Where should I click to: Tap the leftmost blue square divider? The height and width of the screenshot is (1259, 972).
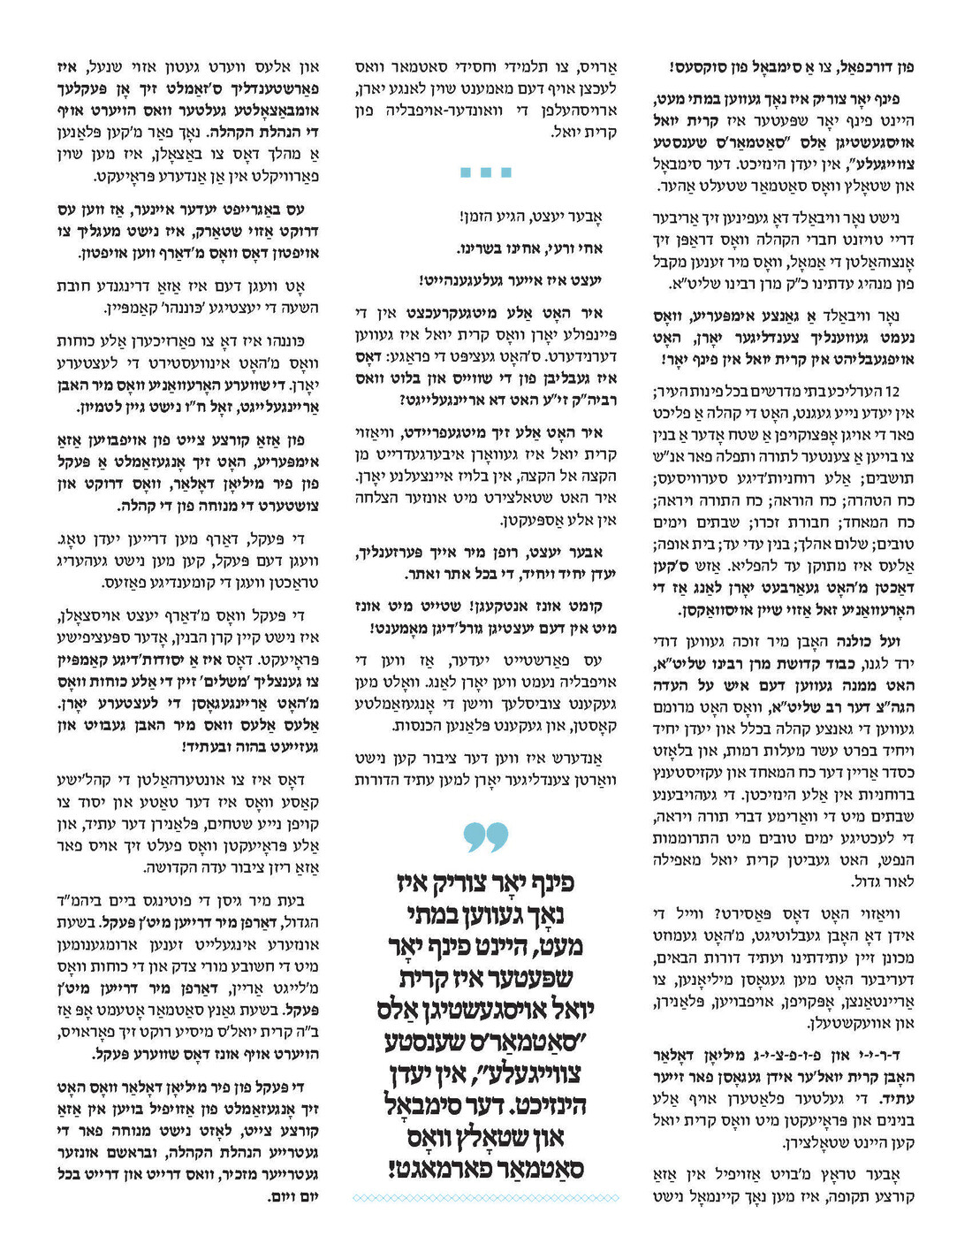[466, 172]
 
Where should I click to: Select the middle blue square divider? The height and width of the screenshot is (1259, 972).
[486, 172]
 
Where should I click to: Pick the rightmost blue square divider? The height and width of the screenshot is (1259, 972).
[506, 172]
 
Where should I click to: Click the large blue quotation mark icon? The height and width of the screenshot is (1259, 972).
[486, 836]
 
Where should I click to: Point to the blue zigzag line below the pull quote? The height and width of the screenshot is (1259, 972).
[486, 1198]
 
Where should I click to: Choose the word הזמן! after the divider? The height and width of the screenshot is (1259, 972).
[478, 216]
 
